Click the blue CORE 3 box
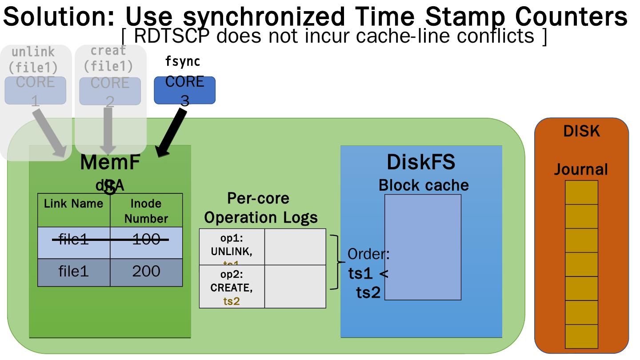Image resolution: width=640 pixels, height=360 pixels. pos(184,90)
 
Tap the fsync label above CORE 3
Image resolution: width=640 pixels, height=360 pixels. pos(182,62)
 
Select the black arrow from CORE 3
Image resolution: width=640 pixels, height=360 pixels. pos(172,133)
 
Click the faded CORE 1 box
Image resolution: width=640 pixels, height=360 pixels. pos(36,90)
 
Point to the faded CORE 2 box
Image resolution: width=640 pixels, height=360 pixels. pos(110,91)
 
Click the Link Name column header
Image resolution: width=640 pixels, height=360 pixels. pos(73,204)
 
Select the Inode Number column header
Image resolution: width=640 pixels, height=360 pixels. pos(146,211)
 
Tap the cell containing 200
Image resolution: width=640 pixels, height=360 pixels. pos(146,271)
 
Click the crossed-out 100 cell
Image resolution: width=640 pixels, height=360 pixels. pos(146,240)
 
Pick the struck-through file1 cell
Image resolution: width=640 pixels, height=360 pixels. pos(73,240)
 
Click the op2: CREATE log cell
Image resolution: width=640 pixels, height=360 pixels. pos(232,287)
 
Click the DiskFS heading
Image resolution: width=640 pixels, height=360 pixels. pos(421,162)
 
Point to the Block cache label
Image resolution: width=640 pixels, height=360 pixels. pos(423,185)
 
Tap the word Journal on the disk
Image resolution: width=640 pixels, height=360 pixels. pos(581,169)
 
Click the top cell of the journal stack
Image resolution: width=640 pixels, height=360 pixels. pos(581,192)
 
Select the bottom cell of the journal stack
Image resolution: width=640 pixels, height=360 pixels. pos(581,336)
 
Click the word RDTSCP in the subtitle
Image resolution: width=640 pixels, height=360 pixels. pos(171,36)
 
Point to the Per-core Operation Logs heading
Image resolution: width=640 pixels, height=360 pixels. pos(261,208)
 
